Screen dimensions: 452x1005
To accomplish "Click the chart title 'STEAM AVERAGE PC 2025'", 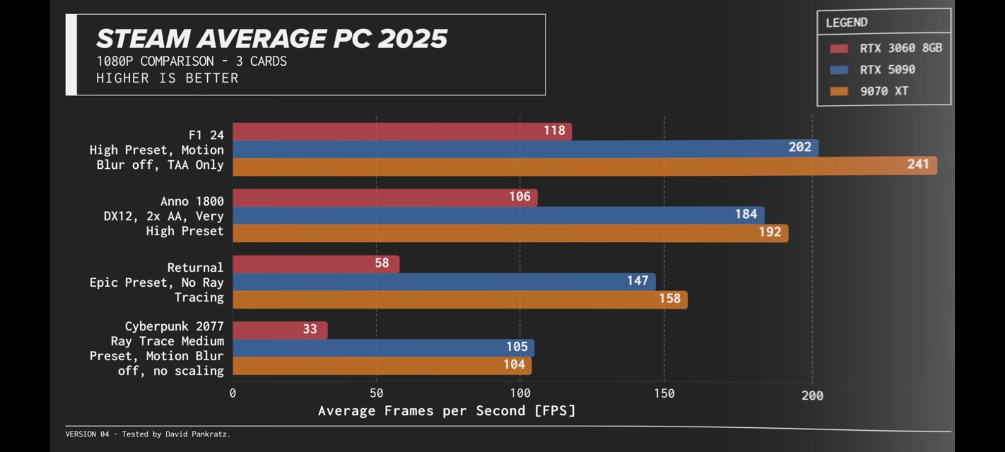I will tap(271, 39).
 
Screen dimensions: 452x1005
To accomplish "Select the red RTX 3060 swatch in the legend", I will tap(839, 49).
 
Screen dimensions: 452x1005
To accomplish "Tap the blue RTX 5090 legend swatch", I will tap(839, 70).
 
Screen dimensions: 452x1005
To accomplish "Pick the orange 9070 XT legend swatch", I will tap(839, 91).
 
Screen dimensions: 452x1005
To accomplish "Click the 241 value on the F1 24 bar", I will tap(918, 164).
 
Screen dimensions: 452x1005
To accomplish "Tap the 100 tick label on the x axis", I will tap(520, 393).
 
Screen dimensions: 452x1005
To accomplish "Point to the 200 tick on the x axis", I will tap(812, 395).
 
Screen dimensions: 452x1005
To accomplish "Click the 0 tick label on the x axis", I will tap(233, 393).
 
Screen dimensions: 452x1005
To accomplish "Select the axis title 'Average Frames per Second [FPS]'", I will tap(447, 411).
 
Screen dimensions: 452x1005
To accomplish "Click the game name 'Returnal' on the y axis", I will tap(195, 267).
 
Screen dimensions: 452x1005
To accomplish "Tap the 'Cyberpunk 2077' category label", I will tap(174, 326).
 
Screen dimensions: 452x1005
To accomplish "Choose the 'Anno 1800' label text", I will tap(192, 201).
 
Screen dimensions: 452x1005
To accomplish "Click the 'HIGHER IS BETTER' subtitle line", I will tap(167, 78).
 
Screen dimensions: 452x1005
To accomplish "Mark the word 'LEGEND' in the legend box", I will tap(847, 23).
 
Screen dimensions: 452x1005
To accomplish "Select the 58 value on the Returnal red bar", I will tap(382, 263).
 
